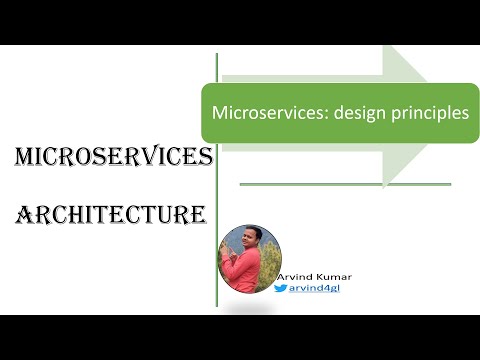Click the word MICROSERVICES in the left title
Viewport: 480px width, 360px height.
click(x=113, y=157)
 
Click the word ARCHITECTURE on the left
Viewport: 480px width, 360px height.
click(x=111, y=213)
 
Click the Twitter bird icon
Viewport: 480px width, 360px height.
click(x=280, y=287)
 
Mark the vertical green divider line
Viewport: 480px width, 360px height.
click(x=217, y=200)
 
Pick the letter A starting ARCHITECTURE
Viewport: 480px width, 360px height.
click(x=26, y=213)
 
